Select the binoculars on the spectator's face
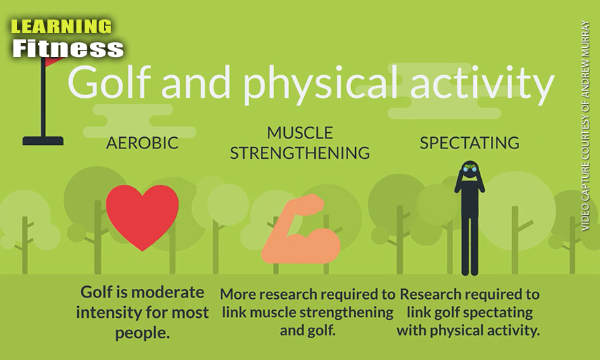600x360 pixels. pos(469,169)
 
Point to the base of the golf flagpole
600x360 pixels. pos(43,141)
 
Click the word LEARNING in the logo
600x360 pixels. pos(61,27)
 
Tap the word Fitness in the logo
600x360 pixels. pos(68,49)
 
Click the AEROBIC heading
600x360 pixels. pos(142,143)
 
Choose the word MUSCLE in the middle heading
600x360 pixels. pos(300,133)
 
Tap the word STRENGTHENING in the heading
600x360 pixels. pos(300,153)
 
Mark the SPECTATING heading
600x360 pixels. pos(469,143)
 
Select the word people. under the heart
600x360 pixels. pos(142,333)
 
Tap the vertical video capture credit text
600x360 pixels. pos(585,125)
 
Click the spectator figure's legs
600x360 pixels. pos(469,245)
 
